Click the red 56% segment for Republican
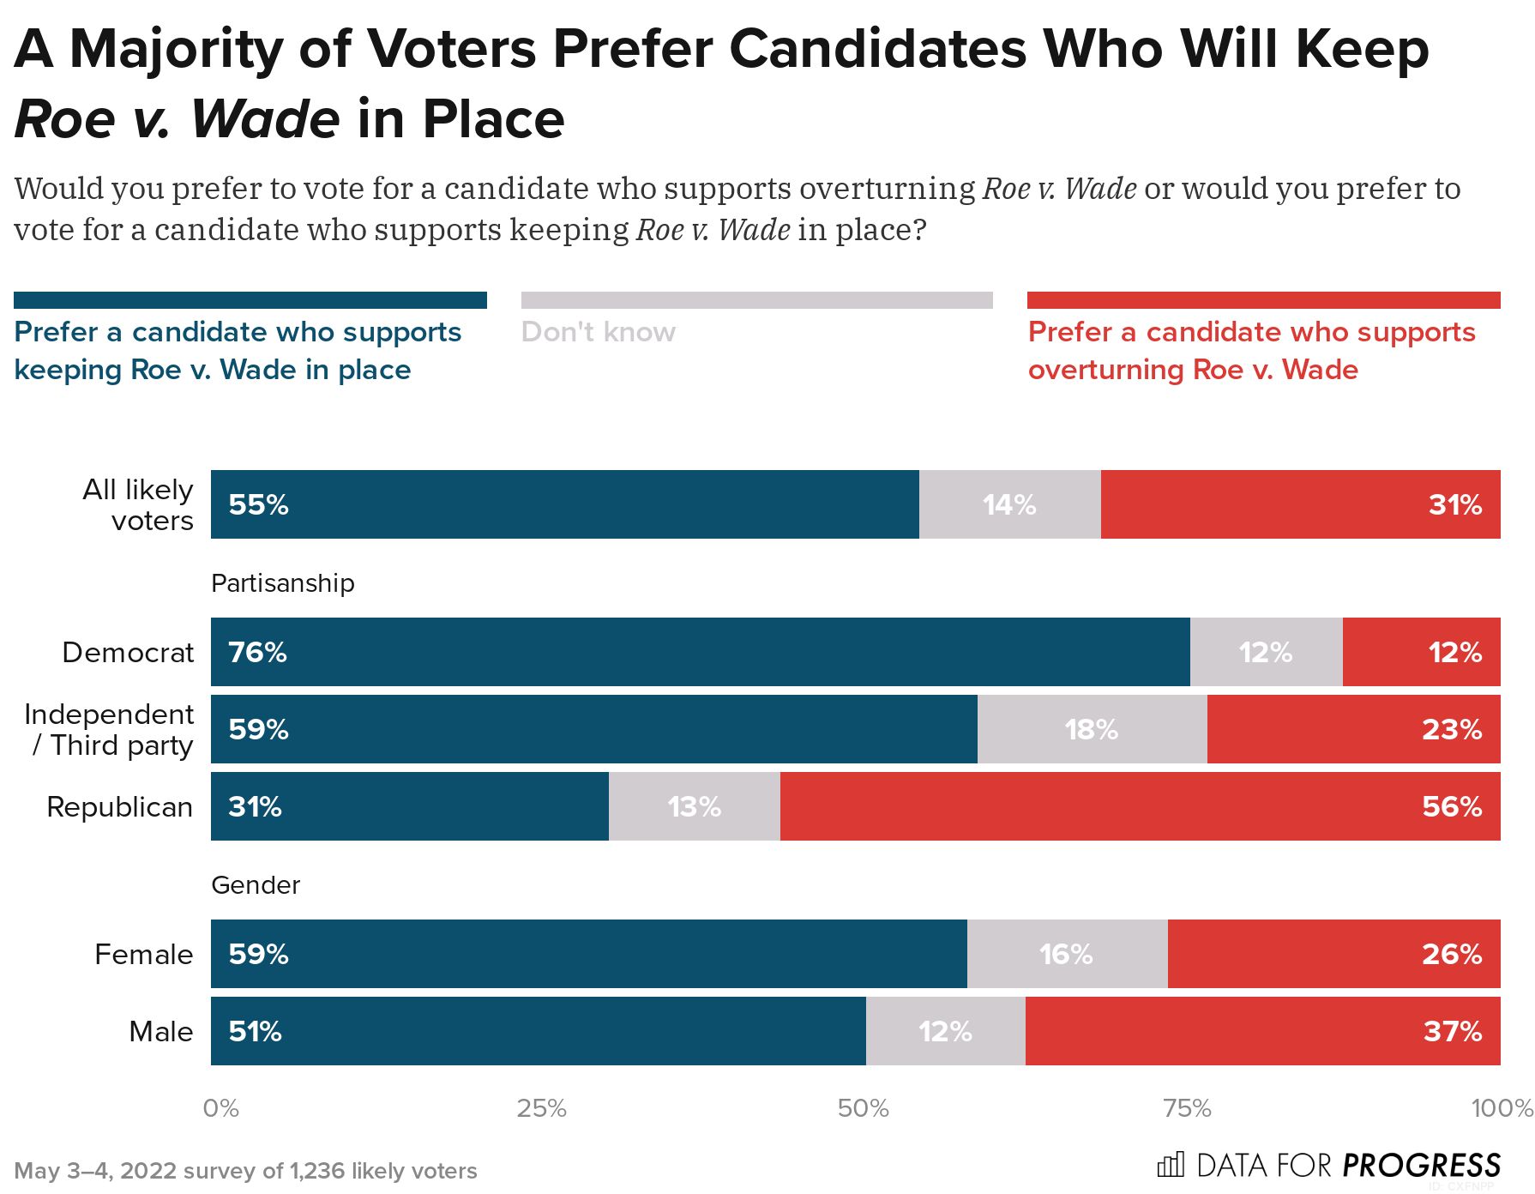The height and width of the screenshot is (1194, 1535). [x=1140, y=806]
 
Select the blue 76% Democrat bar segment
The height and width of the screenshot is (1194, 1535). [x=700, y=652]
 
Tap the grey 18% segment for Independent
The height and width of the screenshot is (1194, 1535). [x=1092, y=729]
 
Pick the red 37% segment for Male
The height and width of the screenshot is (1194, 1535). [x=1262, y=1031]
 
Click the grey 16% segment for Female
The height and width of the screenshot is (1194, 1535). [x=1067, y=954]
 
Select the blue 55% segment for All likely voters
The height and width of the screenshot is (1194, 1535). [x=564, y=504]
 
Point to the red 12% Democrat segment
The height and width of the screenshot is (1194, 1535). [x=1421, y=652]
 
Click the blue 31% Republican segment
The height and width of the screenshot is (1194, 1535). [x=409, y=806]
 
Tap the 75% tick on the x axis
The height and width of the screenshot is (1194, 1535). [x=1187, y=1108]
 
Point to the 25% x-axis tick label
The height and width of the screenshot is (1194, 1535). [x=541, y=1108]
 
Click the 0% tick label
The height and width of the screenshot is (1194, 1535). [x=220, y=1108]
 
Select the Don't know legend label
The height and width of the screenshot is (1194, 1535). [x=598, y=332]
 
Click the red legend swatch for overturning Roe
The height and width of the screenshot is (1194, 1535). [x=1263, y=300]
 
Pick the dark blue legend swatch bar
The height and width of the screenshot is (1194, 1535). [x=250, y=300]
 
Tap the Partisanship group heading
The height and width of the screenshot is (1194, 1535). [x=282, y=583]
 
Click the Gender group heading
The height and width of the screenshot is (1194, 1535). [x=255, y=885]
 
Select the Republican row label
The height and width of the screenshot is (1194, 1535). [x=119, y=807]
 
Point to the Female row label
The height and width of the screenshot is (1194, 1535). [x=143, y=955]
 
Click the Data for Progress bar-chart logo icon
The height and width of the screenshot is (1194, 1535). [x=1170, y=1165]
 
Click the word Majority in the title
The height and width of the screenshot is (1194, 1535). [x=176, y=49]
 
